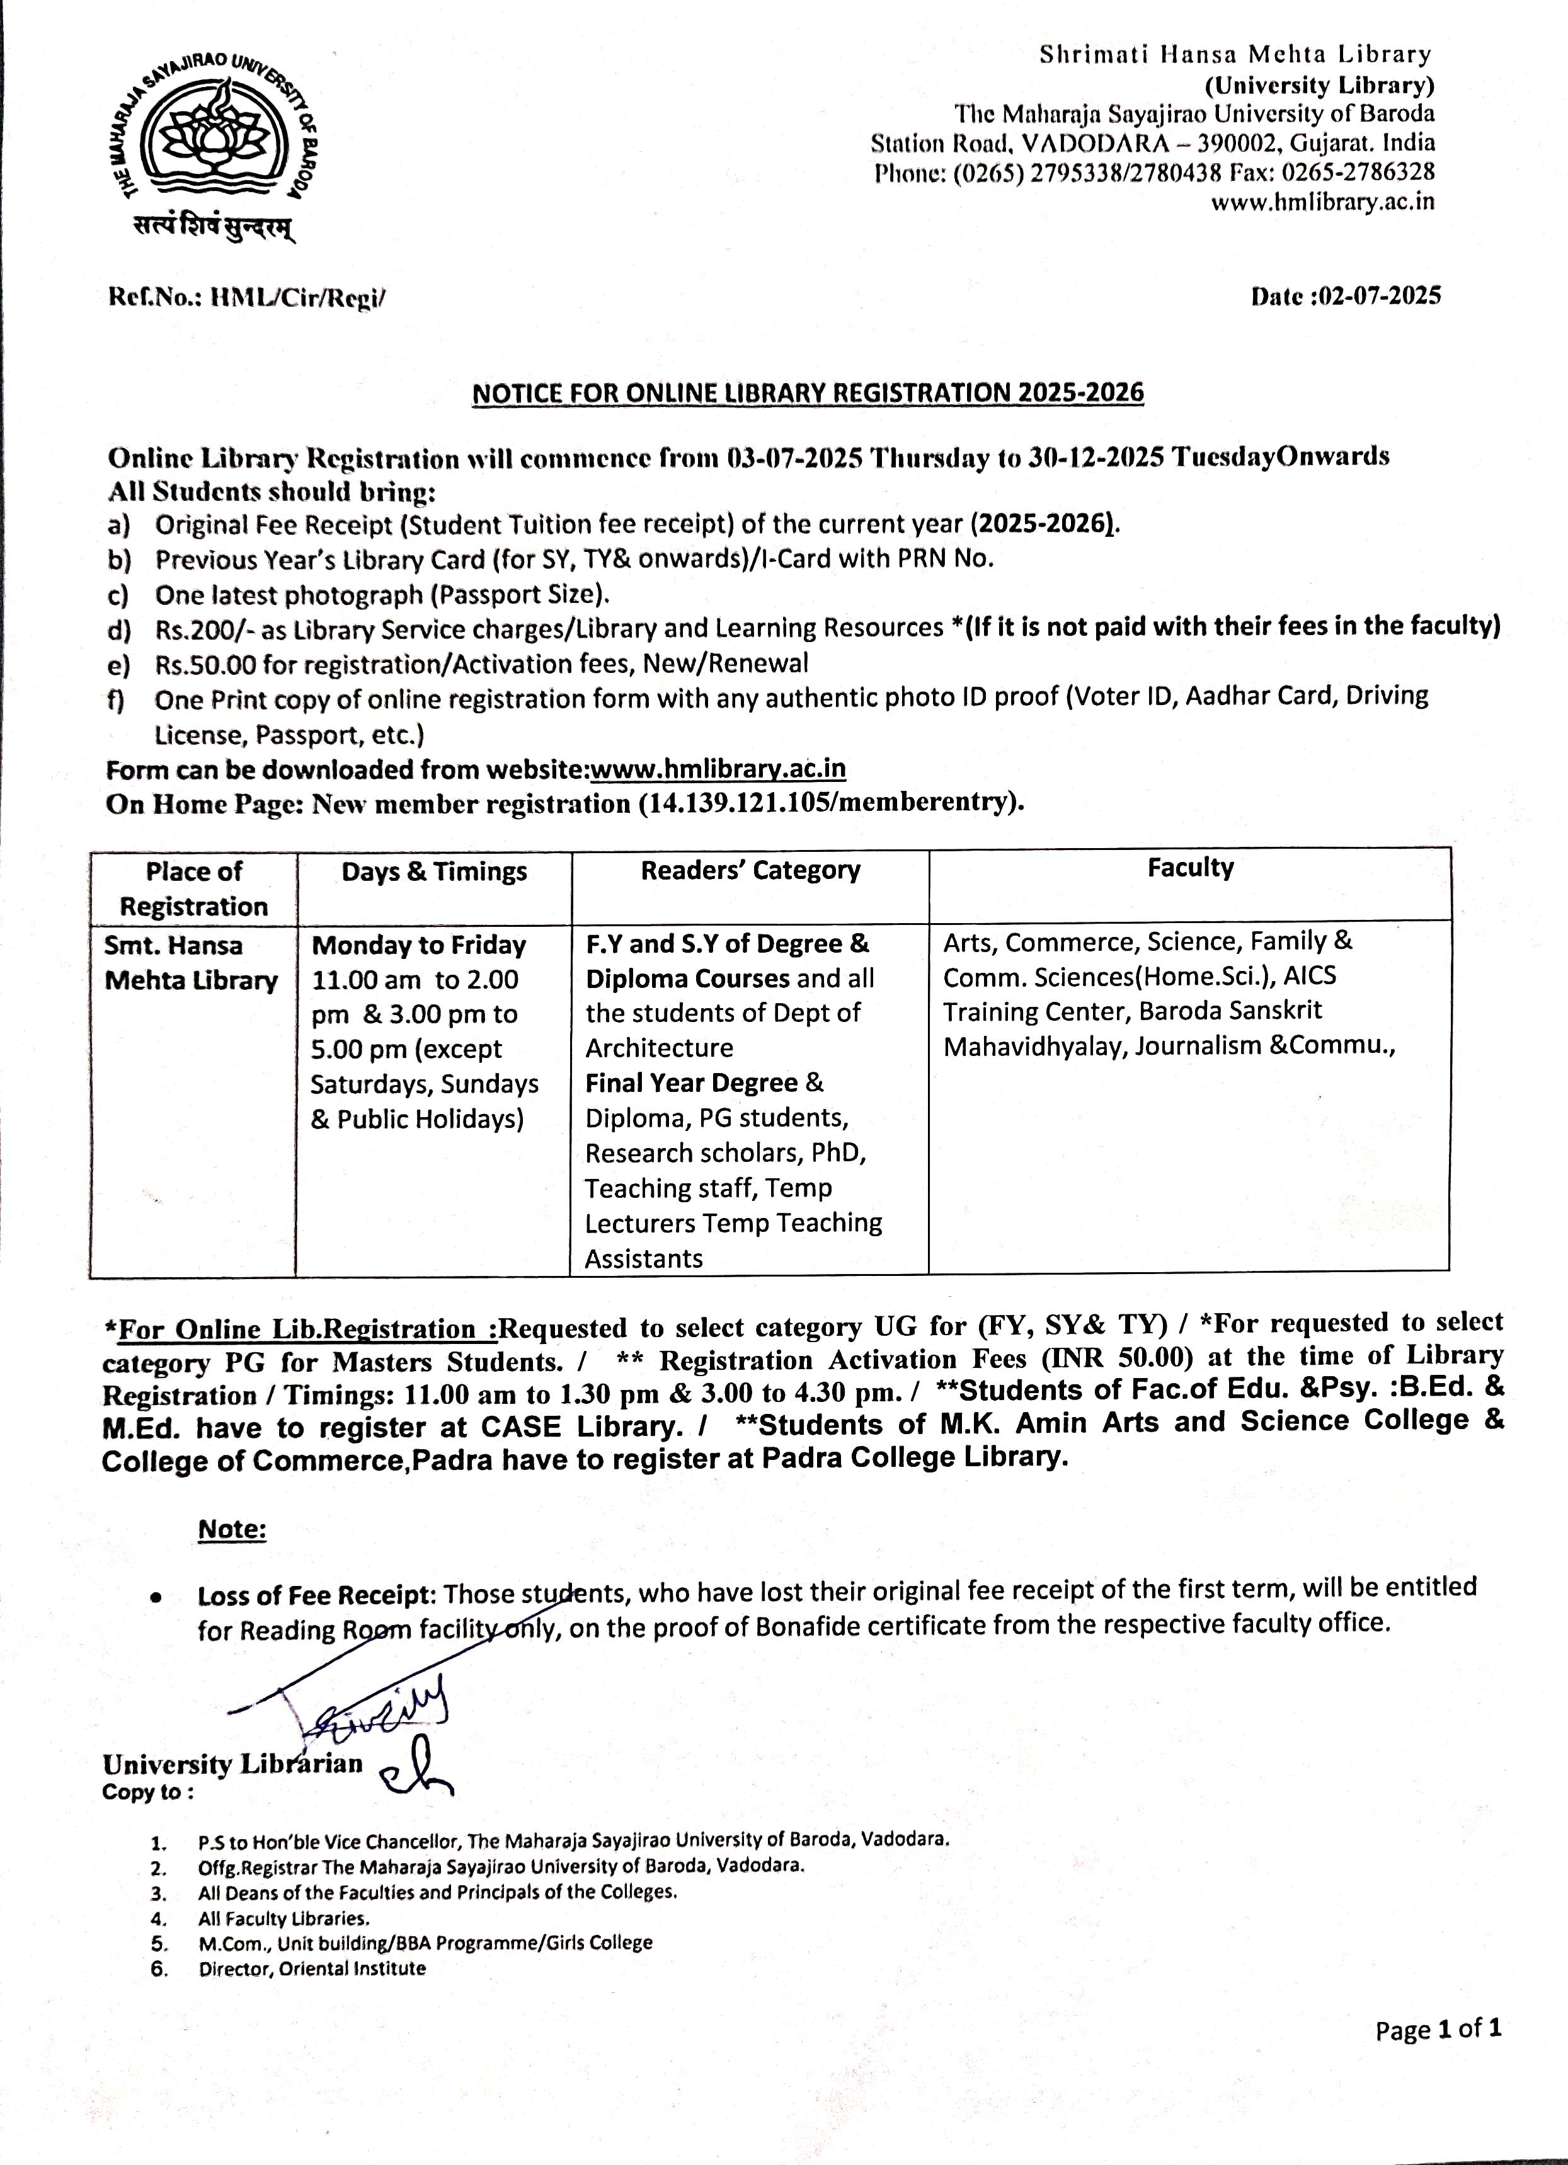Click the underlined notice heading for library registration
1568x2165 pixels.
pyautogui.click(x=808, y=393)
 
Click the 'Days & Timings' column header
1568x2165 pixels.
pyautogui.click(x=434, y=871)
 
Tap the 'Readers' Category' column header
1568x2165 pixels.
pyautogui.click(x=750, y=871)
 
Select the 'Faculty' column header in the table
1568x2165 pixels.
pyautogui.click(x=1190, y=868)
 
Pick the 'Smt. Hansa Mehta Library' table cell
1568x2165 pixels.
pyautogui.click(x=191, y=963)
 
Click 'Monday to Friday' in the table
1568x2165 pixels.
pyautogui.click(x=419, y=945)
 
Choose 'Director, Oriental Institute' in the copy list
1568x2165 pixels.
pyautogui.click(x=312, y=1968)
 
